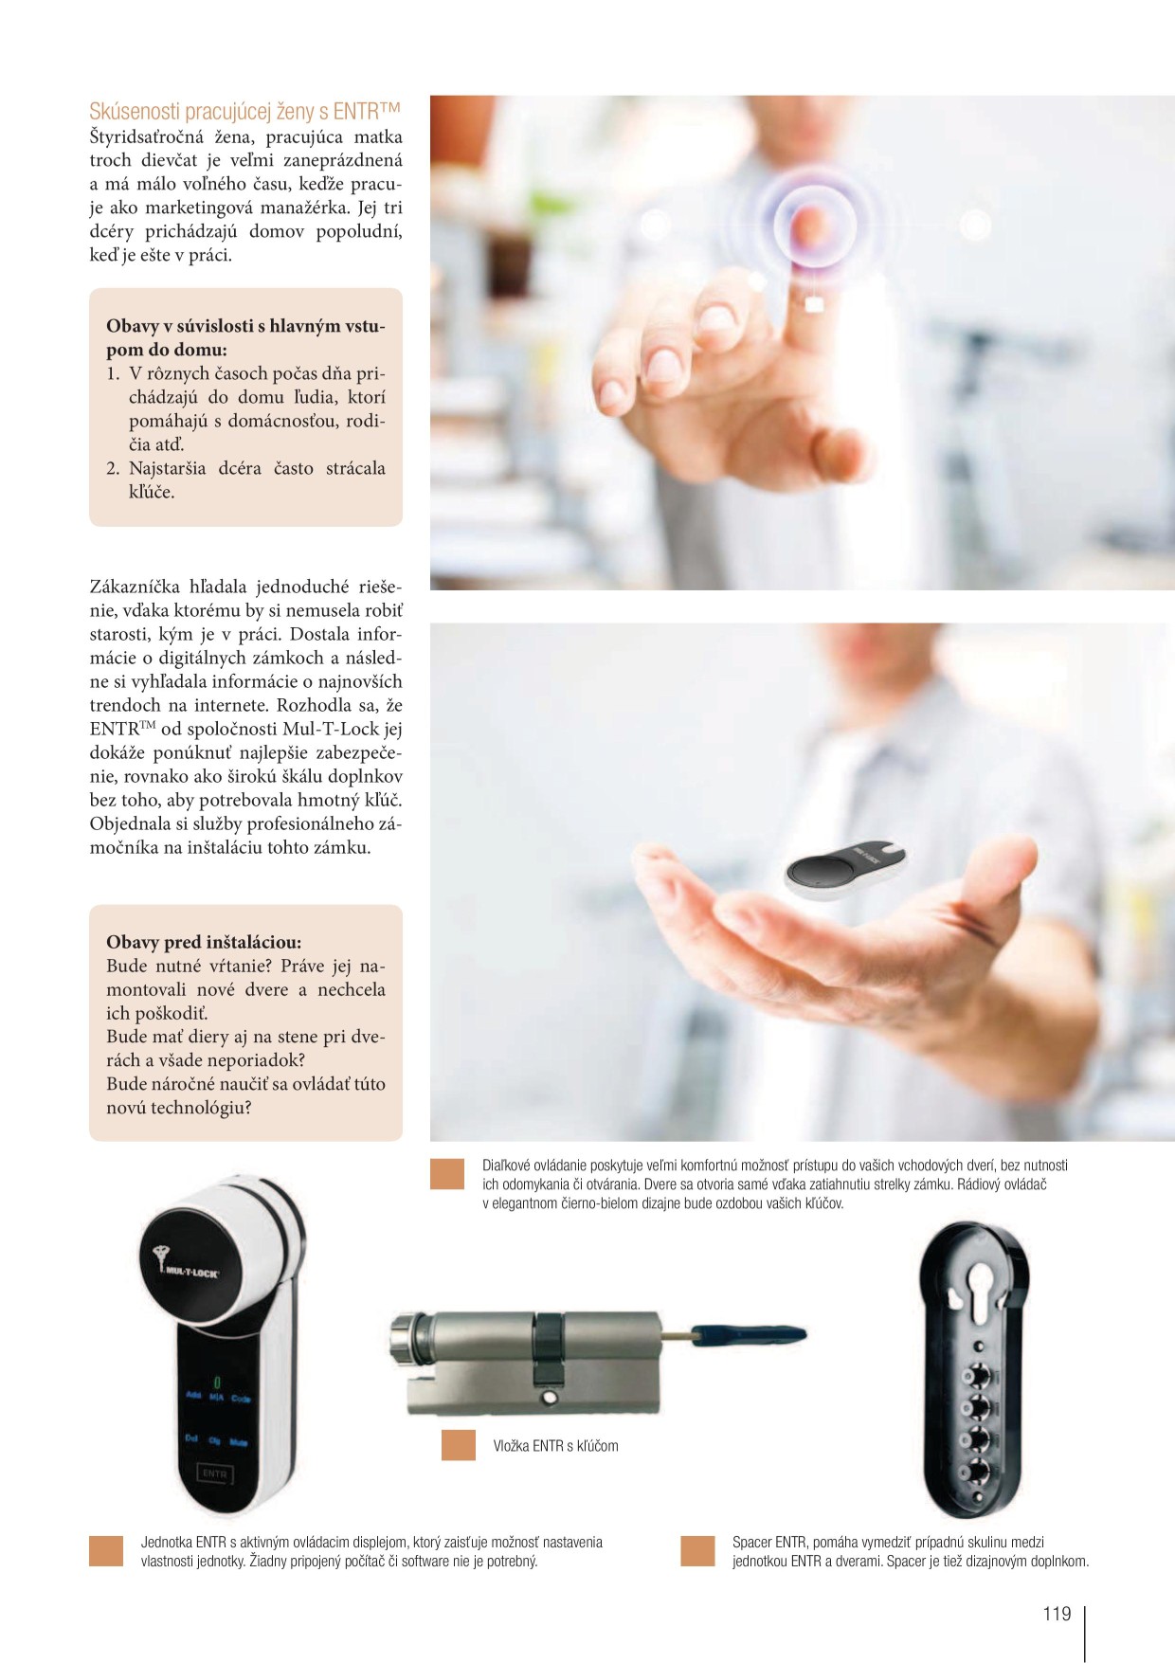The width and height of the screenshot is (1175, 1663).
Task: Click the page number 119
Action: click(1057, 1614)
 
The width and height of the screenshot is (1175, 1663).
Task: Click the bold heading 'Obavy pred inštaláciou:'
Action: click(204, 942)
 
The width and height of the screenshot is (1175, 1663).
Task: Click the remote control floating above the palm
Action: click(845, 868)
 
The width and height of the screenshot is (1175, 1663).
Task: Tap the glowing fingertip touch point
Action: click(808, 225)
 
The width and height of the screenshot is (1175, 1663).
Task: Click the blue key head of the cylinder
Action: click(750, 1336)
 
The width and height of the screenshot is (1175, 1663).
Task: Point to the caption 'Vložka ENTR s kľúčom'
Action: click(555, 1446)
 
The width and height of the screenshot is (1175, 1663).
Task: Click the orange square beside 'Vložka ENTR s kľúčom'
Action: click(459, 1445)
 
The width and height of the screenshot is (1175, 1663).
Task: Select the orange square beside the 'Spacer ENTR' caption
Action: click(697, 1551)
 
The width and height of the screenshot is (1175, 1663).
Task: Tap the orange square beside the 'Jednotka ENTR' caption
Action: click(106, 1551)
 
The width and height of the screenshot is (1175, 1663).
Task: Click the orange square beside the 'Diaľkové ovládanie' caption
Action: click(447, 1174)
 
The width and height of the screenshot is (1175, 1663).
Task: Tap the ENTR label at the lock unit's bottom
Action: click(214, 1474)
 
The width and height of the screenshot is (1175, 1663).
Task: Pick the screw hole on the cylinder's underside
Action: click(549, 1399)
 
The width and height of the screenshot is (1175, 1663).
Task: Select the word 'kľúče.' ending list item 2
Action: click(152, 492)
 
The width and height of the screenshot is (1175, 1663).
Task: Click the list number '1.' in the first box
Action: click(113, 373)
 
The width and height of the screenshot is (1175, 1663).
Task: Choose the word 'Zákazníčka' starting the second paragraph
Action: click(134, 587)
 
